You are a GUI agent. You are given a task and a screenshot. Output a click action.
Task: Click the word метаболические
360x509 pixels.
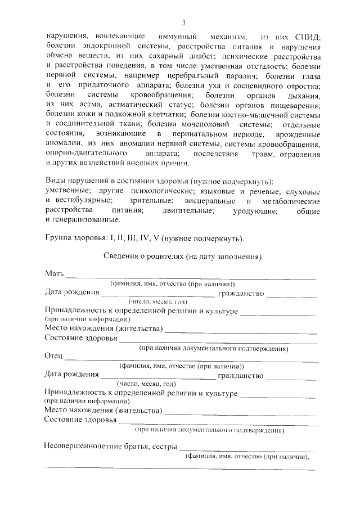[291, 201]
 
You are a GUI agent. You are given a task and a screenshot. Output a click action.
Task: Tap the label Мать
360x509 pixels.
[55, 274]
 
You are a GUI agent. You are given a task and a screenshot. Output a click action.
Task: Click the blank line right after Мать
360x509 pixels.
[191, 277]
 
